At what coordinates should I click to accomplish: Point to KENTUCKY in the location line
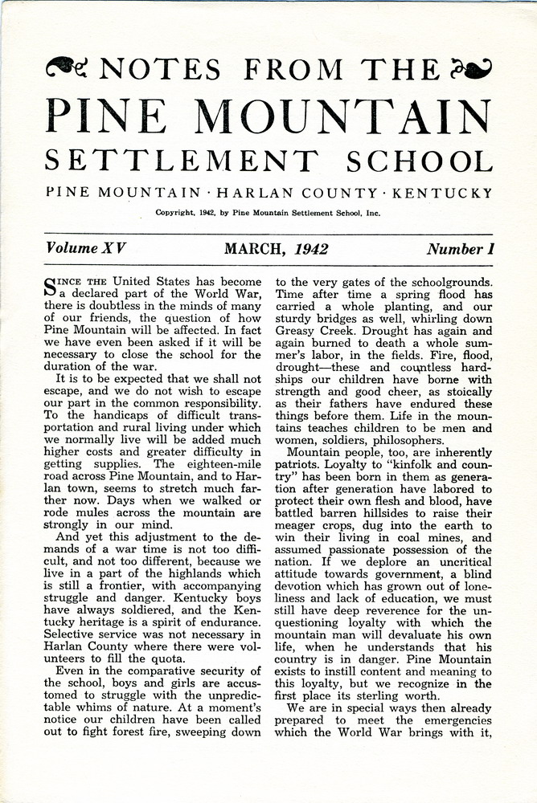pyautogui.click(x=449, y=193)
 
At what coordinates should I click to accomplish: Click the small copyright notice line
pyautogui.click(x=268, y=214)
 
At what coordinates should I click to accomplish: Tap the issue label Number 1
pyautogui.click(x=460, y=249)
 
